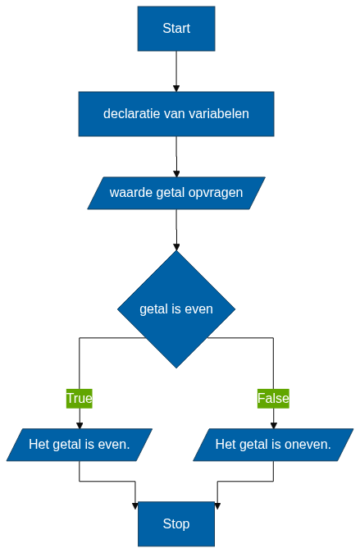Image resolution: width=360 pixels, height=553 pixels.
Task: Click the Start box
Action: pos(176,29)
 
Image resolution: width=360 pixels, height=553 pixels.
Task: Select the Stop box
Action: pos(176,523)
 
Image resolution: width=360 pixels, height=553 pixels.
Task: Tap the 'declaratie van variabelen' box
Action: pos(176,114)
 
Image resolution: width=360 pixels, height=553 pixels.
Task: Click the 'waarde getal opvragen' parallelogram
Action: pos(176,193)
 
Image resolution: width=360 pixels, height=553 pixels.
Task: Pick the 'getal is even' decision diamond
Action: pos(176,309)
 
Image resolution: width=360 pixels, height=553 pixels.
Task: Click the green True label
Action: pos(80,399)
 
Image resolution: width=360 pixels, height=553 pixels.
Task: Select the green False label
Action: pos(273,399)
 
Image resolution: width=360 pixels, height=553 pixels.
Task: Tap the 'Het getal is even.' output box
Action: pos(80,445)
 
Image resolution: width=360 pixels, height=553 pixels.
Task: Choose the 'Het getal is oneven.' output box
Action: pos(273,445)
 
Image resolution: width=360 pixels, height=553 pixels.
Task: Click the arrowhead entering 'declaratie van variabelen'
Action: pos(176,89)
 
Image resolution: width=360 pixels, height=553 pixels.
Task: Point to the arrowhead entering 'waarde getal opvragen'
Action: pos(176,173)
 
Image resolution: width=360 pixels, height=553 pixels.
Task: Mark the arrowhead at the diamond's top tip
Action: pos(176,247)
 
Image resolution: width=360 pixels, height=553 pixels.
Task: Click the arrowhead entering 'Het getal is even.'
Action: pos(80,425)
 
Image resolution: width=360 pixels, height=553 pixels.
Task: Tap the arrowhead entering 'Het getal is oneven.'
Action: pos(273,425)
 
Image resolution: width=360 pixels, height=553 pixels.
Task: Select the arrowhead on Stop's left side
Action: pos(135,505)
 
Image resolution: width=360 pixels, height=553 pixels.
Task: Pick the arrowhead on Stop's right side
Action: pos(217,505)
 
